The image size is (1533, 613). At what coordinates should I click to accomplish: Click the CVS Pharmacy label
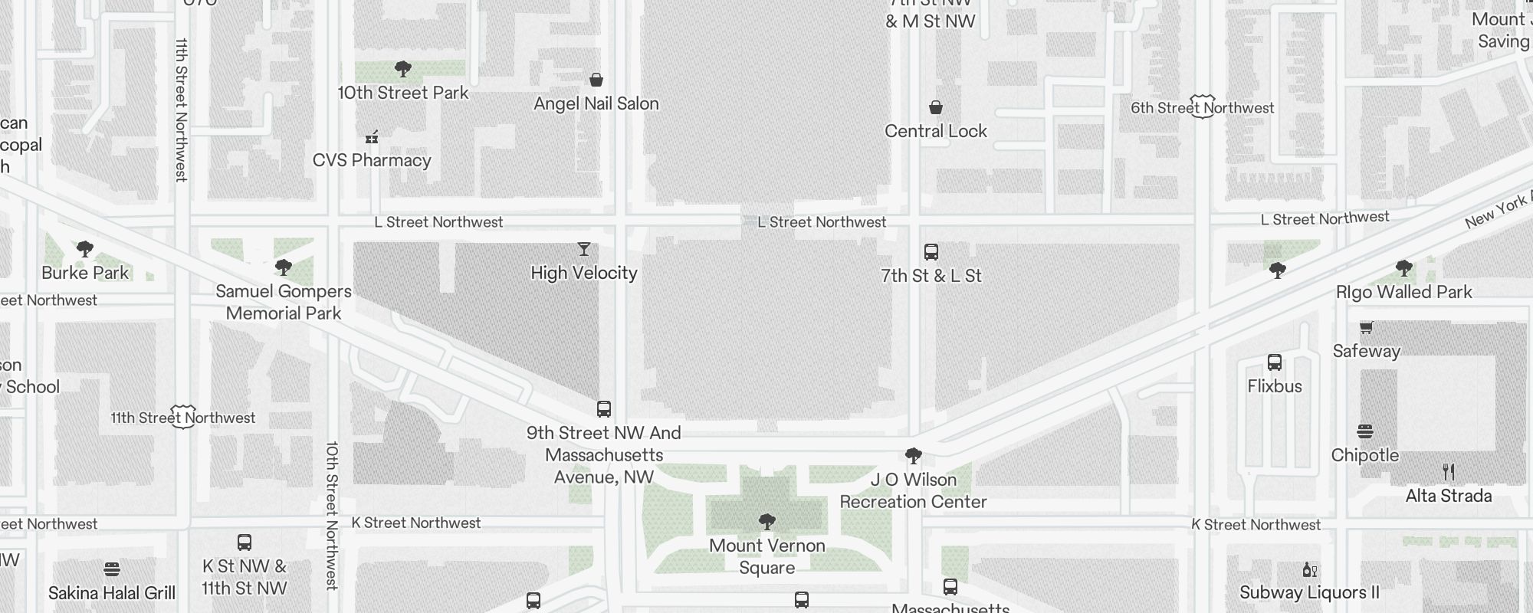[372, 160]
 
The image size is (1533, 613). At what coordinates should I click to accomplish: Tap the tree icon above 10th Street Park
[403, 69]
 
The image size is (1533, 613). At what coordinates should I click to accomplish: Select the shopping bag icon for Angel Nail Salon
[596, 80]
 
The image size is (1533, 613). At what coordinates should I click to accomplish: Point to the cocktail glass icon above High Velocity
[584, 249]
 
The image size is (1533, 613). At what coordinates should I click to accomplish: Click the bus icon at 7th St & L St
[931, 252]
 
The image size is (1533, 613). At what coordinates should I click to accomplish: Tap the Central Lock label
[936, 131]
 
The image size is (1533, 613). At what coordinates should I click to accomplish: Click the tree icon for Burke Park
[85, 249]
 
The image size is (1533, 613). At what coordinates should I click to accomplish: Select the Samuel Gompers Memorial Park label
[284, 302]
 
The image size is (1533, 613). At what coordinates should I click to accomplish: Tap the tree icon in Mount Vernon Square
[766, 522]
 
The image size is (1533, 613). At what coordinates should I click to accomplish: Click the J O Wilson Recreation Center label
[914, 490]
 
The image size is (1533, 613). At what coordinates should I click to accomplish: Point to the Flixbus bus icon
[1275, 362]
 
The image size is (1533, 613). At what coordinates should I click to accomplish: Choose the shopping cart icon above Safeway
[1366, 328]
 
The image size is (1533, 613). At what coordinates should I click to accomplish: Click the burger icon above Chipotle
[1365, 431]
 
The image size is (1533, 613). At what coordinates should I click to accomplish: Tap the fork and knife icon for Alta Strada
[1449, 472]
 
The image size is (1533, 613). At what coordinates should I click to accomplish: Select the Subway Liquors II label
[1310, 592]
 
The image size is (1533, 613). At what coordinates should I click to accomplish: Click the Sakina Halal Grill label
[112, 593]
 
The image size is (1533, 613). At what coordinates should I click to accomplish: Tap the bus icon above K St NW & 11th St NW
[245, 543]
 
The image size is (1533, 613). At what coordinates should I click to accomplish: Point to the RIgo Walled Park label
[1404, 292]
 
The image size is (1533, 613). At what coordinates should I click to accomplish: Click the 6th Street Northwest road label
[1203, 108]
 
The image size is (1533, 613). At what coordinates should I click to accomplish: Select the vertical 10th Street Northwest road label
[332, 515]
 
